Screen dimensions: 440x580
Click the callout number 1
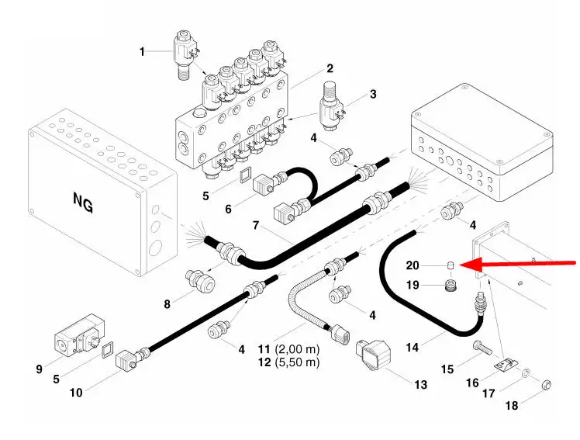(x=143, y=51)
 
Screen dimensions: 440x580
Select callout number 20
(x=413, y=266)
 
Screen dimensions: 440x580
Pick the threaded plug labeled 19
(x=448, y=288)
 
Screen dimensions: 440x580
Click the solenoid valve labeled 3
(x=334, y=104)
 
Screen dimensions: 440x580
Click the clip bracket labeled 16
(x=503, y=365)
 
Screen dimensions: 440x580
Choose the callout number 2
(x=330, y=68)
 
